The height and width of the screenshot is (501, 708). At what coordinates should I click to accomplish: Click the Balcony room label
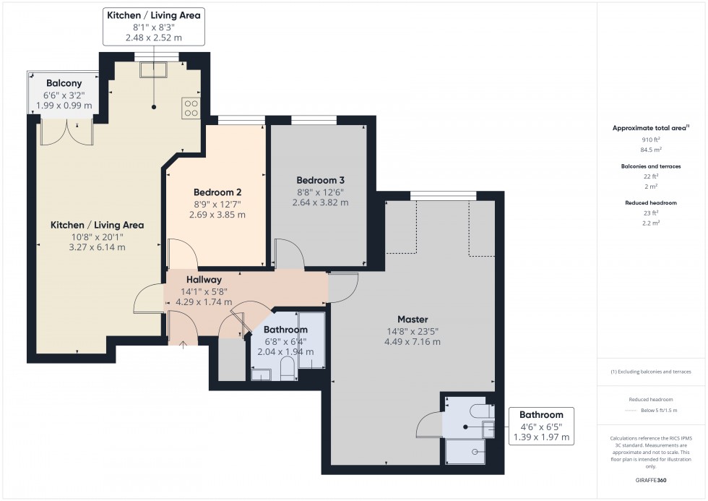(64, 83)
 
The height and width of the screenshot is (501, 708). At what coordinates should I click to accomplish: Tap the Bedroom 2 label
(217, 192)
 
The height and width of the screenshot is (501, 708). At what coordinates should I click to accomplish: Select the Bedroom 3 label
(320, 180)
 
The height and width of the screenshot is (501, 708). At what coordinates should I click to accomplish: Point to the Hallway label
(204, 280)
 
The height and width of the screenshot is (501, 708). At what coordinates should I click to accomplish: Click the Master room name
(413, 320)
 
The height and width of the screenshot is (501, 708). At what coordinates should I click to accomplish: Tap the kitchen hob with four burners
(191, 108)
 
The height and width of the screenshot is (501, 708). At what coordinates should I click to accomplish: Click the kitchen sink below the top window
(153, 70)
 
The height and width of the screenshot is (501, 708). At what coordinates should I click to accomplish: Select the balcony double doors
(66, 132)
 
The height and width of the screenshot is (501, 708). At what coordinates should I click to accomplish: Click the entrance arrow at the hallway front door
(183, 346)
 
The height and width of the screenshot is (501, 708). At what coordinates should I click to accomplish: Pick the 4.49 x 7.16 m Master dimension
(413, 342)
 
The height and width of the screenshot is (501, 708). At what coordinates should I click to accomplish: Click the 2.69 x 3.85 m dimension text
(217, 215)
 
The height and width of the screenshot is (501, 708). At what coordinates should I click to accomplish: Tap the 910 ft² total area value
(651, 140)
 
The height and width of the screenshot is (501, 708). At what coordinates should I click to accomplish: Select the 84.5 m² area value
(651, 150)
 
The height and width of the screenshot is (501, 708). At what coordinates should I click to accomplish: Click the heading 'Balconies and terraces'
(651, 166)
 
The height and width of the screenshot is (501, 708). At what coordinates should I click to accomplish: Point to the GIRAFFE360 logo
(651, 480)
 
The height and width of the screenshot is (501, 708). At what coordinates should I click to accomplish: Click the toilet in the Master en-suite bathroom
(481, 411)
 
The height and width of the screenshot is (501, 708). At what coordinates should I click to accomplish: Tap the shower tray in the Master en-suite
(465, 451)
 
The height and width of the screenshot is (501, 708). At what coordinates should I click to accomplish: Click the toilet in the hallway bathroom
(288, 368)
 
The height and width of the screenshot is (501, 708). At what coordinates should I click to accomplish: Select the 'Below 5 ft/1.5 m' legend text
(659, 410)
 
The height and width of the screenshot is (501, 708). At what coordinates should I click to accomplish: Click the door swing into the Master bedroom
(344, 288)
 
